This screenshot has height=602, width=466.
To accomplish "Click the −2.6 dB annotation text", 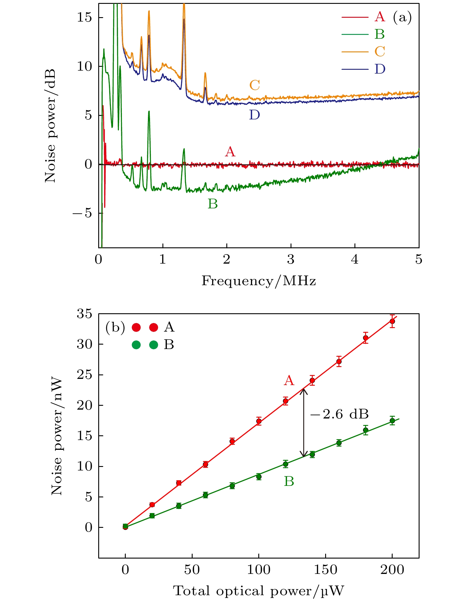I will [339, 415].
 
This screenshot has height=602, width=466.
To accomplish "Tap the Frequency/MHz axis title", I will [259, 281].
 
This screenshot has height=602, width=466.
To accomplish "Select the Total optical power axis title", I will [259, 591].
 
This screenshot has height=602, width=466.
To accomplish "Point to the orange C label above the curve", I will [255, 85].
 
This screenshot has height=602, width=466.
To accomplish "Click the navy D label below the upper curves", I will [254, 115].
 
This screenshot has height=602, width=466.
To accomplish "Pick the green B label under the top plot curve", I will [213, 204].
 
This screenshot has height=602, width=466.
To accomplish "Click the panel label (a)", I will [402, 17].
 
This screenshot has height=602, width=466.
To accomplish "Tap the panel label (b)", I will [115, 327].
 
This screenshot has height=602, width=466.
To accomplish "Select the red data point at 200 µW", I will [392, 321].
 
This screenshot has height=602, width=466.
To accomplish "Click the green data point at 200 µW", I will [392, 421].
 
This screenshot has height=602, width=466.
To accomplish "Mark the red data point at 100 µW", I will [259, 421].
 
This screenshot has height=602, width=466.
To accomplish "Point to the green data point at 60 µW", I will [205, 495].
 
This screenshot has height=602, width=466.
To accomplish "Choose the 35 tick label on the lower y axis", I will [85, 314].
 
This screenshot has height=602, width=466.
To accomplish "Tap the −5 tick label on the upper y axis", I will [83, 213].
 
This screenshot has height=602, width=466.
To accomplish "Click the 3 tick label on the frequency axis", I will [291, 259].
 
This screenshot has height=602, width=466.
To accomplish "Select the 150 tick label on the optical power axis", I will [325, 569].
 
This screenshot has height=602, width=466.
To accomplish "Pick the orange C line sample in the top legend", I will [355, 52].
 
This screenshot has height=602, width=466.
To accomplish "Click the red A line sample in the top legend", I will [355, 17].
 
